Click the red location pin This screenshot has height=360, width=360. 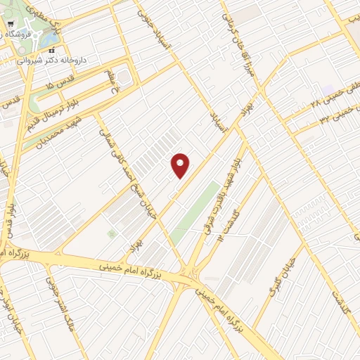[x=181, y=165]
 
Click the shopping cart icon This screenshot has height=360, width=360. [x=10, y=23]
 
